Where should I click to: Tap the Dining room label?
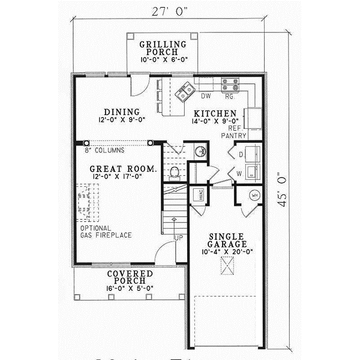122,111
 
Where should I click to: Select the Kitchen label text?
218,114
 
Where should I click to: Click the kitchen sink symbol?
184,91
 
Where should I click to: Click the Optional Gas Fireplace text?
106,232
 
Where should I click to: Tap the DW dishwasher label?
205,95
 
